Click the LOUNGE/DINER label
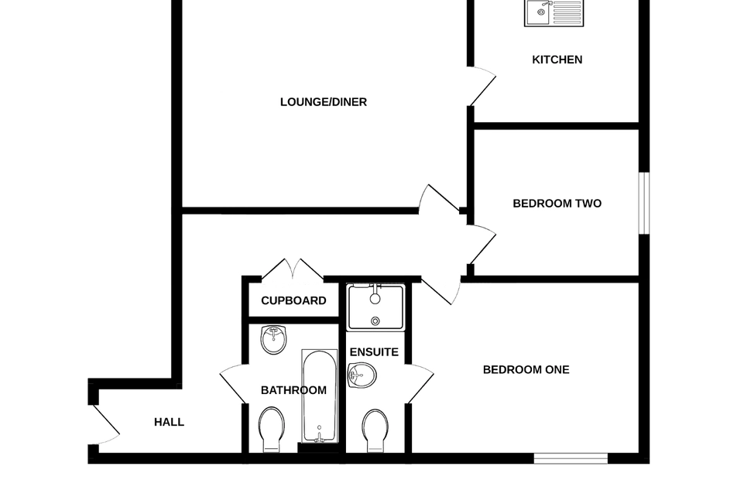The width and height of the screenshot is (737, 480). click(324, 102)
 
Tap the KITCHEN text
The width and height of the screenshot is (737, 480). click(557, 60)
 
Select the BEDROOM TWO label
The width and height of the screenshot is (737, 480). click(557, 204)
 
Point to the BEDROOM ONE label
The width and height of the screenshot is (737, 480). click(526, 369)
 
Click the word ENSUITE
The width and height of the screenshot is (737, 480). click(374, 352)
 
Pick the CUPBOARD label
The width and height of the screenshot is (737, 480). click(293, 300)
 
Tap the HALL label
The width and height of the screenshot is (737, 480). click(169, 422)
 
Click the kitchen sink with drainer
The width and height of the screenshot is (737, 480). click(554, 12)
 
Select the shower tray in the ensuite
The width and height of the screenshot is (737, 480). click(375, 307)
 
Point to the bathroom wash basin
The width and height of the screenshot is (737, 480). click(273, 339)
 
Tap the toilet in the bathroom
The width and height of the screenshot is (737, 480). click(272, 430)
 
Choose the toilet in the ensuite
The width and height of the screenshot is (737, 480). click(375, 430)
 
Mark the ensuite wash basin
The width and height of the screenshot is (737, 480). click(362, 376)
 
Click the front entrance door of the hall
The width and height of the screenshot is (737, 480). click(105, 424)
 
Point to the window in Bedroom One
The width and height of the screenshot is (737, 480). click(571, 458)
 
